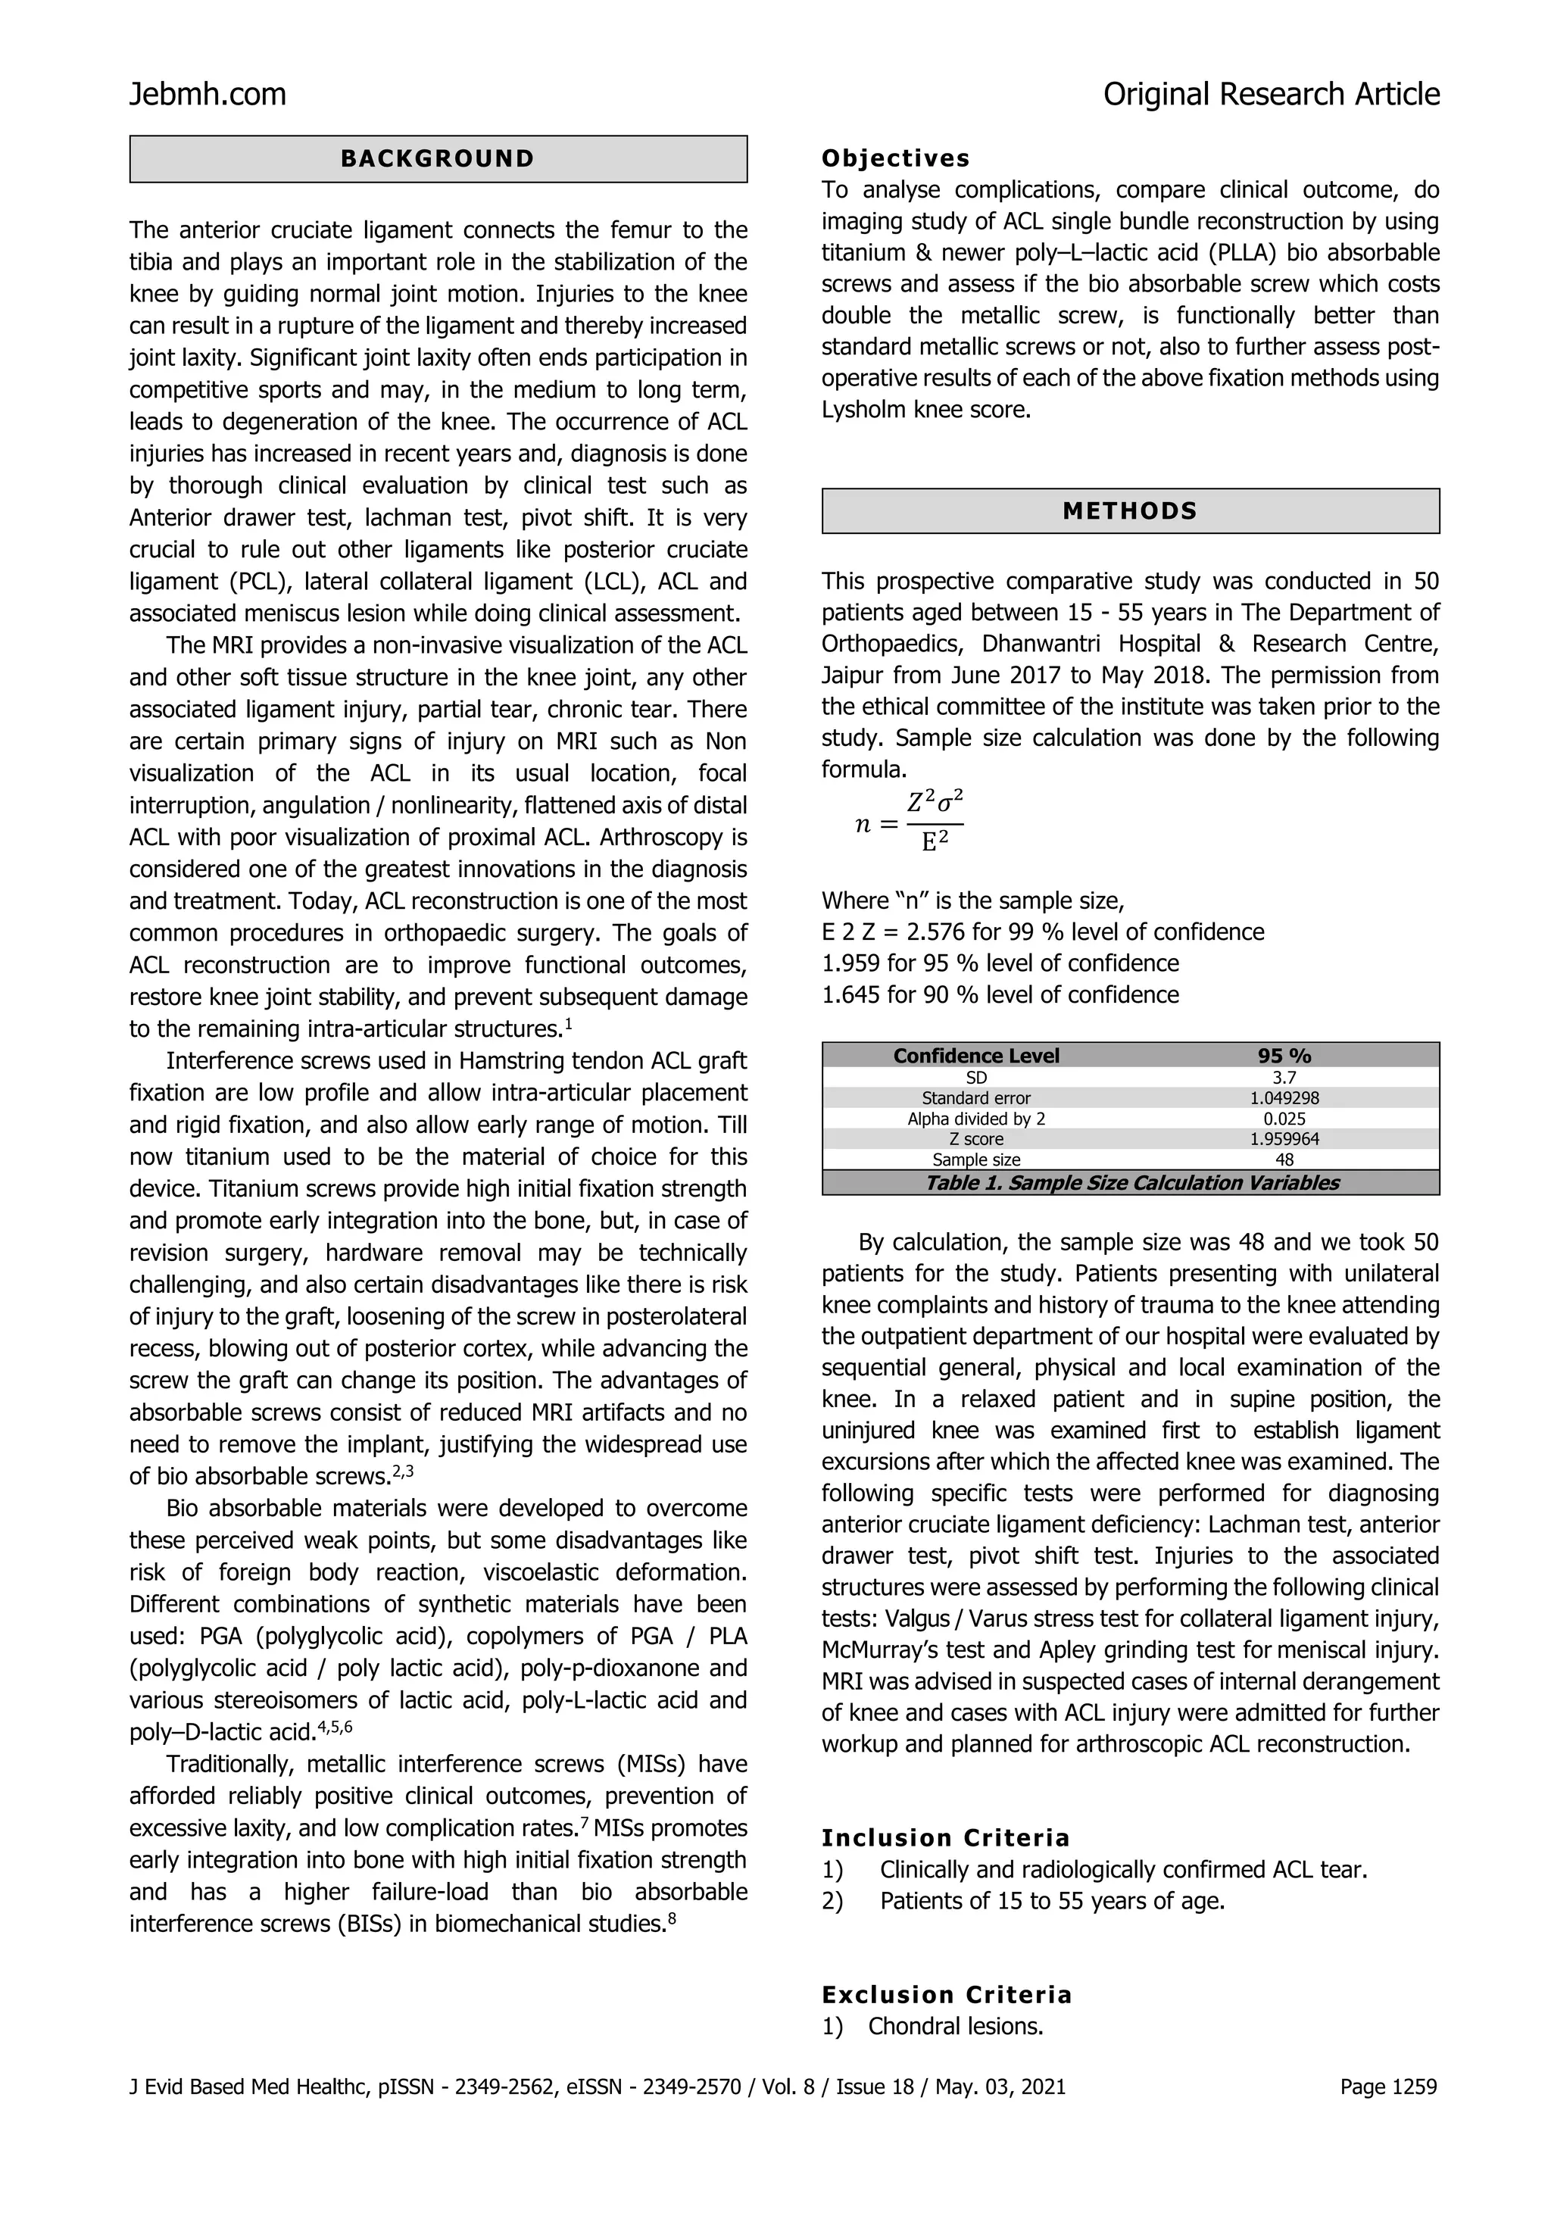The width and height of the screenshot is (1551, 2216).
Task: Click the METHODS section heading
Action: coord(1129,511)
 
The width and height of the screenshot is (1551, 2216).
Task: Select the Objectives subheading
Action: coord(894,158)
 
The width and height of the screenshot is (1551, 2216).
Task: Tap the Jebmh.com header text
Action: coord(208,95)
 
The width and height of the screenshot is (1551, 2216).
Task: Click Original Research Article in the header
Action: coord(1271,95)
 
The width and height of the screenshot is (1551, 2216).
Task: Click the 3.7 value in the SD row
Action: coord(1284,1077)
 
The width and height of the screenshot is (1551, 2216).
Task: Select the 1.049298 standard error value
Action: coord(1284,1098)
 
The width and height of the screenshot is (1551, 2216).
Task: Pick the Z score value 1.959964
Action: coord(1284,1139)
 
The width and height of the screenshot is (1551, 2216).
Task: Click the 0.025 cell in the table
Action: coord(1284,1119)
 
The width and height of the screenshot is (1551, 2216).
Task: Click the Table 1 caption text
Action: coord(1131,1183)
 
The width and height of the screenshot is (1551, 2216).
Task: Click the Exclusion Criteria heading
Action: coord(946,1995)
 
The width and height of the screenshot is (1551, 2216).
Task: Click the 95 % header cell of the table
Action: coord(1284,1056)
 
